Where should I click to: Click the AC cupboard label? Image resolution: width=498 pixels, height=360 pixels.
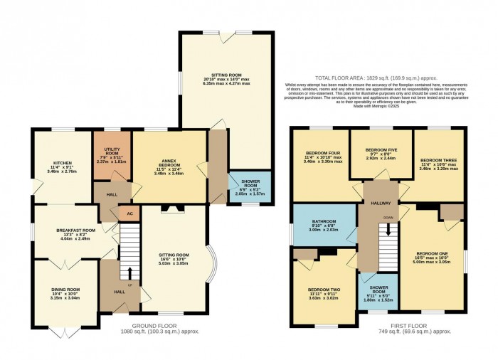(x=129, y=213)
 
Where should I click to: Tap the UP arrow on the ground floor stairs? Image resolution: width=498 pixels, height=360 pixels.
(x=129, y=273)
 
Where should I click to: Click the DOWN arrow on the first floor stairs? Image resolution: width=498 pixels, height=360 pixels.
(x=388, y=228)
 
